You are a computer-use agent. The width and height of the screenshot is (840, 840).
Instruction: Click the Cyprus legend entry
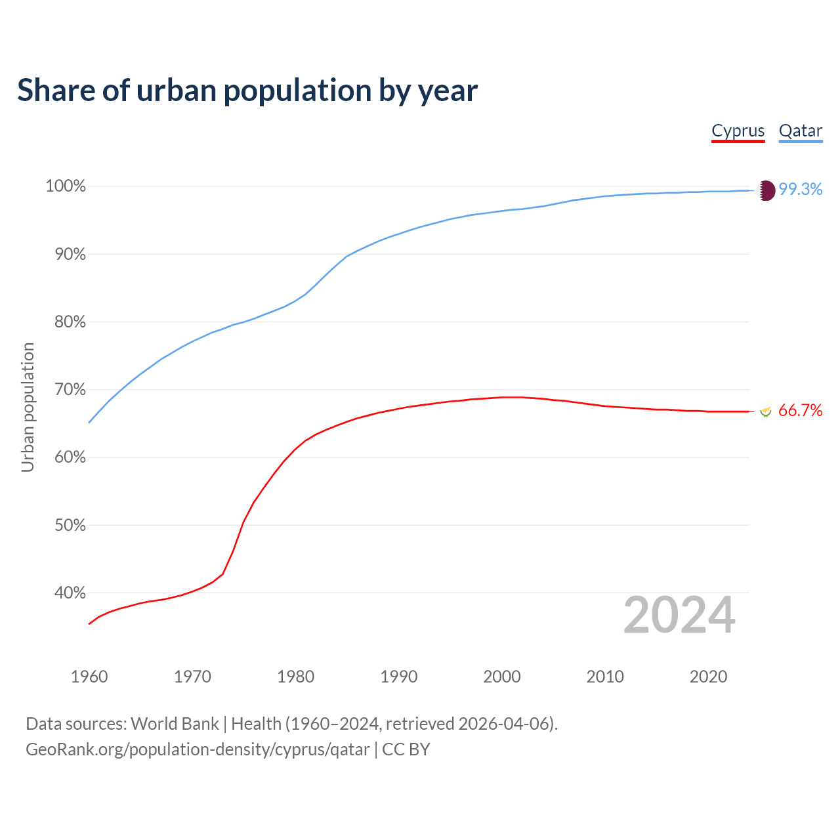point(738,131)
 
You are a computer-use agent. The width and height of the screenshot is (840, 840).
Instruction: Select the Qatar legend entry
point(800,131)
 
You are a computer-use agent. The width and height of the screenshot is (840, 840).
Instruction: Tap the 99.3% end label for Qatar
point(800,189)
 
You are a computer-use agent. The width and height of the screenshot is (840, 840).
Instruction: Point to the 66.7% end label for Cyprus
point(800,410)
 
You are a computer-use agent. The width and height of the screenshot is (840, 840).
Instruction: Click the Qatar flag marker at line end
point(766,190)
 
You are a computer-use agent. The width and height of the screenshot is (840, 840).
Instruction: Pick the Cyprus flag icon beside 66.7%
point(765,411)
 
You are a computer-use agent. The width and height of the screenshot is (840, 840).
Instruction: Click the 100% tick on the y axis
point(66,186)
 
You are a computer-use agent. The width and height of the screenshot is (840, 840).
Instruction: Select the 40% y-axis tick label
point(70,593)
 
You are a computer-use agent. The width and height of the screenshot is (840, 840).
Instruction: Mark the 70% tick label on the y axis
point(70,390)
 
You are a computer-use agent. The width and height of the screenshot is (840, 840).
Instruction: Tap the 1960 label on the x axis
point(89,677)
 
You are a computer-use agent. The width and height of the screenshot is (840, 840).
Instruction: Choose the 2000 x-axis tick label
point(502,677)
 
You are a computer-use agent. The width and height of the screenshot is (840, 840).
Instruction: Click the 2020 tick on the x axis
point(708,677)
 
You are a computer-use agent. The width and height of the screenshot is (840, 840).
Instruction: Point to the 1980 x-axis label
point(296,677)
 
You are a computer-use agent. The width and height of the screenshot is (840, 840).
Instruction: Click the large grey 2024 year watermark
point(679,615)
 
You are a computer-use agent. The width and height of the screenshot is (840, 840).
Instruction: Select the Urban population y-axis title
point(28,407)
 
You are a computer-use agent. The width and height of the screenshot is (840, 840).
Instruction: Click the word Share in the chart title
point(55,90)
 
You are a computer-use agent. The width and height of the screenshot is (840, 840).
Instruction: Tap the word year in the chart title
point(448,91)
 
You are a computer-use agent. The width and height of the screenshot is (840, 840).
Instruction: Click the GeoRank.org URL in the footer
point(198,749)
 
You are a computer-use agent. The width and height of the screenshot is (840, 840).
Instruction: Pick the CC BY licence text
point(406,749)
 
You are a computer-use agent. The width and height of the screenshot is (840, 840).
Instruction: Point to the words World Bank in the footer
point(175,724)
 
